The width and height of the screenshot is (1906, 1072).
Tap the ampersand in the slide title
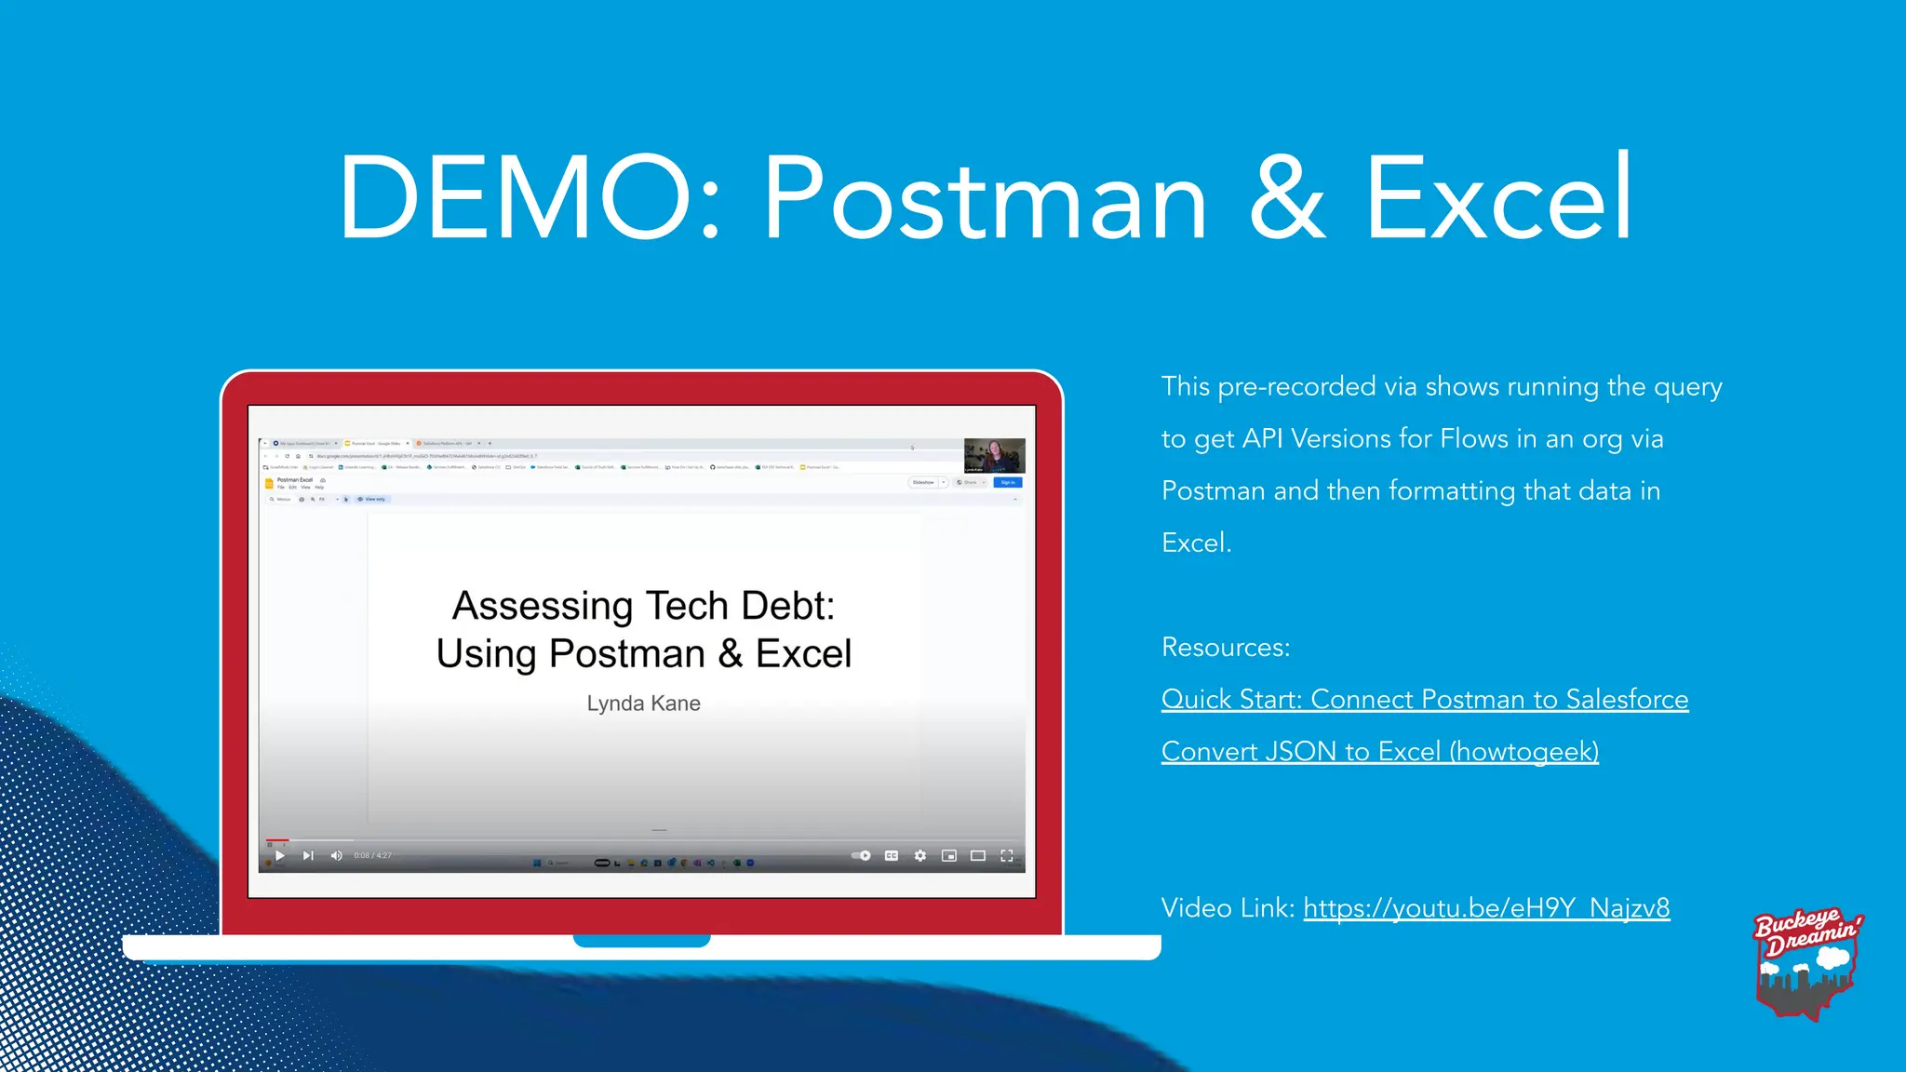[1287, 198]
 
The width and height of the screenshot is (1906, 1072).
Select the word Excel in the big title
[1498, 198]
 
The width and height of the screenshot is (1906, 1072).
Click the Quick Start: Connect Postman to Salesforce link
[1424, 699]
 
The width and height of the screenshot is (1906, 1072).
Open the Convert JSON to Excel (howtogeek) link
[1379, 751]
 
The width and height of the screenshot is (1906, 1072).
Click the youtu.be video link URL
[1486, 907]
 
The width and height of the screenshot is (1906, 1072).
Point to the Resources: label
[1225, 647]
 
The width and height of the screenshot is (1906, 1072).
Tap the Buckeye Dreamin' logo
[1806, 963]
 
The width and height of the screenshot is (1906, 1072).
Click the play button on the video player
[279, 855]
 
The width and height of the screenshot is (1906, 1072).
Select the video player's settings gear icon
[919, 855]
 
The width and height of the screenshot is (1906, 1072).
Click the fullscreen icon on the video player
[1006, 855]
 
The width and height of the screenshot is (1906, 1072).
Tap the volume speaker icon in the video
[336, 855]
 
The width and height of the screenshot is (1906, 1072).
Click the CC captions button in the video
[891, 855]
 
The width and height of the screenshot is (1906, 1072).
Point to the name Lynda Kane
[643, 703]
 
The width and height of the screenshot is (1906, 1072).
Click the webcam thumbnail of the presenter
[994, 456]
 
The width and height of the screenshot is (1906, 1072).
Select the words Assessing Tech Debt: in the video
[643, 606]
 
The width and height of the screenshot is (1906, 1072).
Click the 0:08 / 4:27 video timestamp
[372, 855]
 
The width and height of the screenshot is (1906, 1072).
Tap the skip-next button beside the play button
[308, 855]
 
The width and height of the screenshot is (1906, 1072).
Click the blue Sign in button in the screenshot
[1008, 482]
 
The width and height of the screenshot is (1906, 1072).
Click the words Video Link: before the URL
[1228, 907]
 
